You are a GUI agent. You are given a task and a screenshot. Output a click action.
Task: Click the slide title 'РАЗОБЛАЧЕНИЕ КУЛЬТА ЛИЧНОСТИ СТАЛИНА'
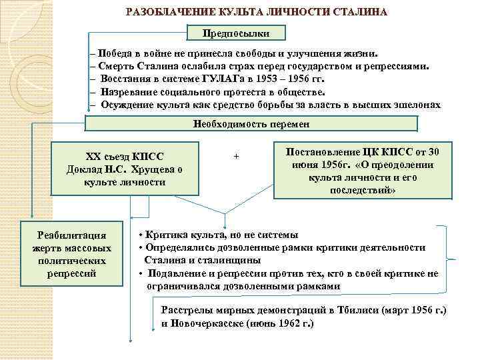point(257,13)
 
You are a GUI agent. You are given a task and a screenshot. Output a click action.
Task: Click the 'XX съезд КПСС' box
point(125,168)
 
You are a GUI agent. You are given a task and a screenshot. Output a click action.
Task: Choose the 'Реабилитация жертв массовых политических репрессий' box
point(73,254)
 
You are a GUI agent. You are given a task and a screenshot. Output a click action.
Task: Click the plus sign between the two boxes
point(236,156)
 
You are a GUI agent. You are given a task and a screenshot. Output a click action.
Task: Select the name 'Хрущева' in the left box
point(156,169)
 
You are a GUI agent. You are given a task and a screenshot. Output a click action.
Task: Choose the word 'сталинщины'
point(225,260)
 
